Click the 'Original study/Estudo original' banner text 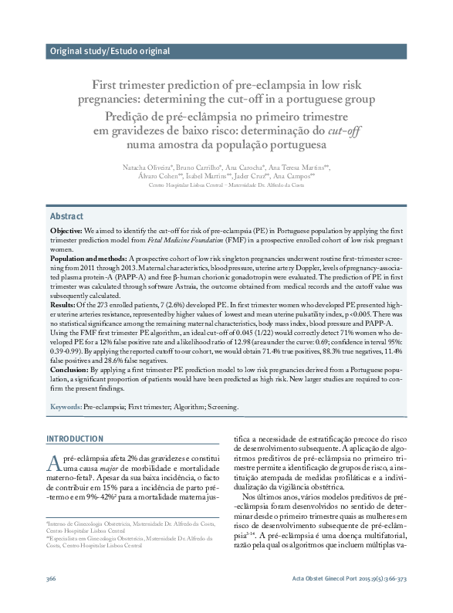[110, 52]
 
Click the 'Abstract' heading [66, 216]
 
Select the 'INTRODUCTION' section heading [75, 439]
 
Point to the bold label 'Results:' [63, 306]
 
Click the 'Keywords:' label [66, 406]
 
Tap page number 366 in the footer [52, 600]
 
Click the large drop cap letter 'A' [53, 462]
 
